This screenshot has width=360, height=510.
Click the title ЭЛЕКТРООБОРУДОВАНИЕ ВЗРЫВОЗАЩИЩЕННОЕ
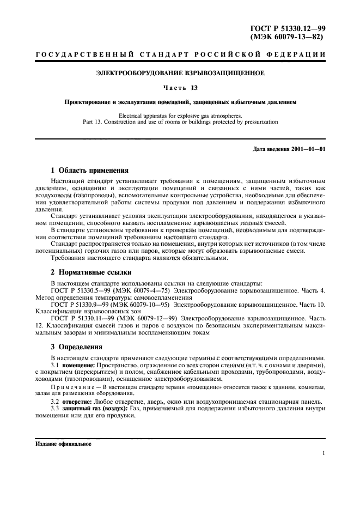point(180,72)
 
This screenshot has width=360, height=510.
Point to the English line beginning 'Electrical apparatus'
point(180,116)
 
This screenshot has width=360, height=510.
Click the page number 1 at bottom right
point(324,453)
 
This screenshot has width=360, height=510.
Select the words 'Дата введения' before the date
point(270,150)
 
